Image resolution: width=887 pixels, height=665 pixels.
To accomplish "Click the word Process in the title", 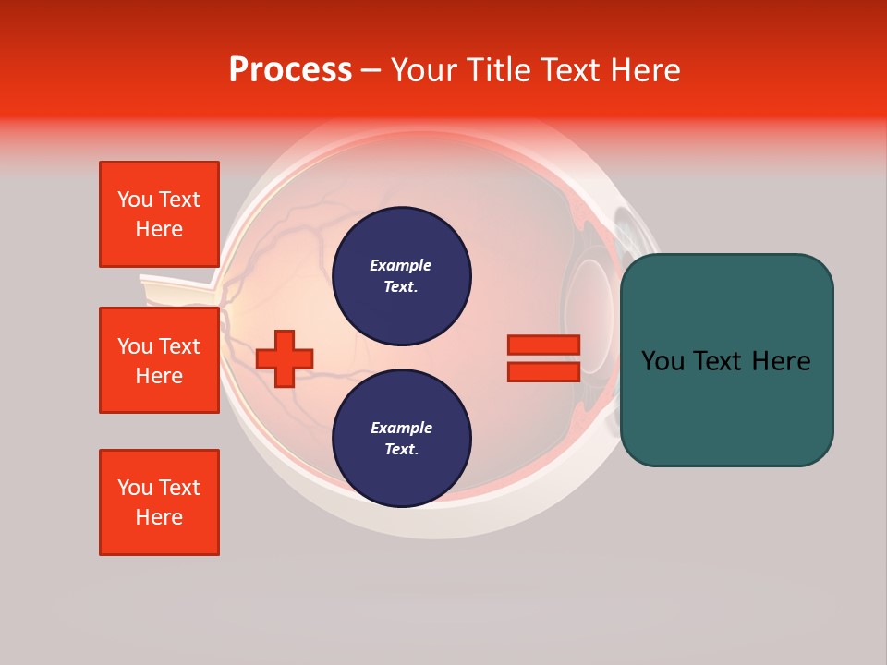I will point(290,70).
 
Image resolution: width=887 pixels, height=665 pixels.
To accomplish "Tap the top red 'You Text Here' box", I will point(159,214).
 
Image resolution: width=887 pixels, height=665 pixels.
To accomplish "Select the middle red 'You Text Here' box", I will point(159,360).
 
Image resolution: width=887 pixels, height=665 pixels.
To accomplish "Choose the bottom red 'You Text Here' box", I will point(159,502).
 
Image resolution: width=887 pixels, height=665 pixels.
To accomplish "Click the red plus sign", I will point(285,358).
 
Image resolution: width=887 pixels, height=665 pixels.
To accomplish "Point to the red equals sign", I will point(543,358).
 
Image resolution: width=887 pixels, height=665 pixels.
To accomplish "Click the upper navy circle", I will point(402,276).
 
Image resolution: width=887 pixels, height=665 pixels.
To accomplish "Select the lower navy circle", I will point(402,439).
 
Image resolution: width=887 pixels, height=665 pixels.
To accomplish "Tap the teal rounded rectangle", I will point(727,360).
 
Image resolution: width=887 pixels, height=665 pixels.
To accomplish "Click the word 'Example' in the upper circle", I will point(400,266).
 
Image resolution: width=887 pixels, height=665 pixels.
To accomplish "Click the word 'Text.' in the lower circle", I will point(400,450).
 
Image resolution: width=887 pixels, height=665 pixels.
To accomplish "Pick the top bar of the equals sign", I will point(543,345).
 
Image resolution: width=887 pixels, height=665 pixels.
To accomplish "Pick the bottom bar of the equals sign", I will point(543,371).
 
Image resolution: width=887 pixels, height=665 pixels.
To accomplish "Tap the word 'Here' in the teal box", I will point(782,361).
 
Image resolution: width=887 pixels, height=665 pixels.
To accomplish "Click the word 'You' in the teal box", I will point(662,361).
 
